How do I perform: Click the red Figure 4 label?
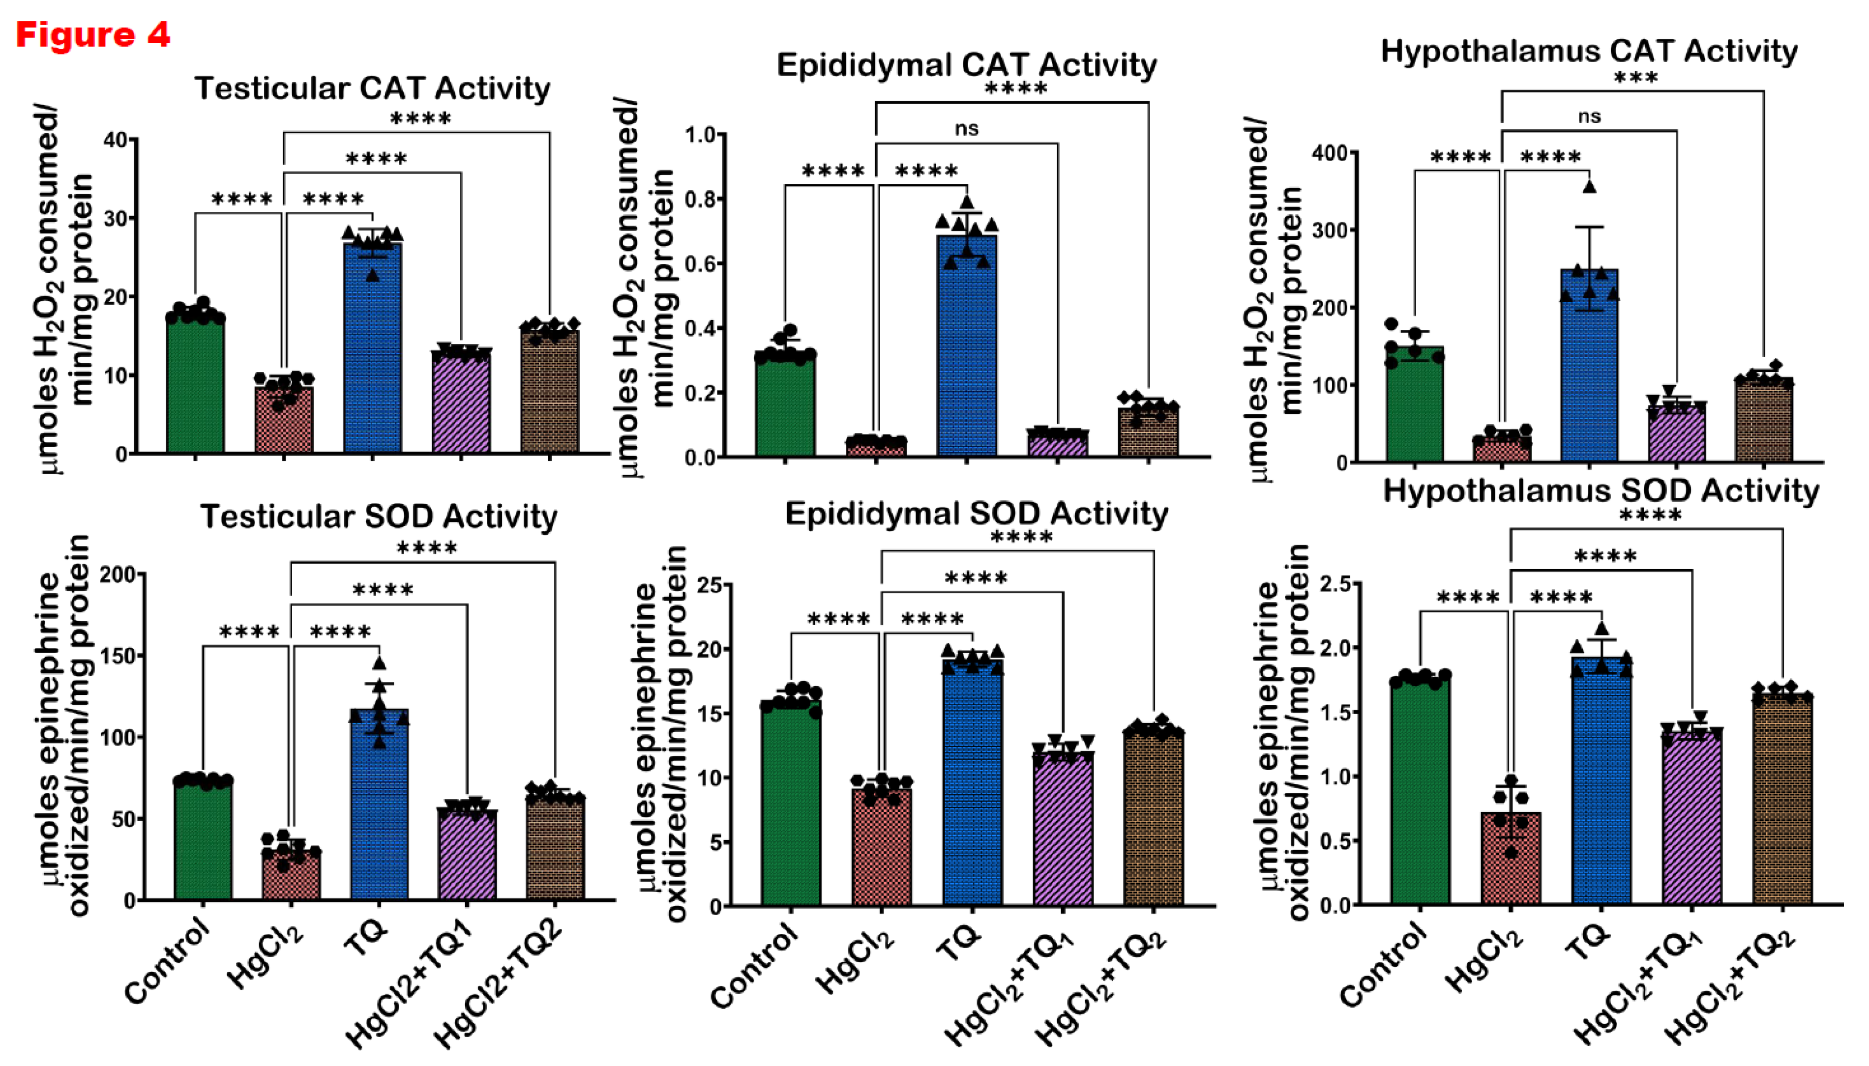pos(93,34)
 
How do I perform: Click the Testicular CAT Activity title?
pos(372,88)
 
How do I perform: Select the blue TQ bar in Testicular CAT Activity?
pos(372,351)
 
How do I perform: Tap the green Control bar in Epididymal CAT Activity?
pos(785,406)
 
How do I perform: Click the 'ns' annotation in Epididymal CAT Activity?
pos(967,129)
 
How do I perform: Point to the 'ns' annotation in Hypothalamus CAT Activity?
pos(1589,115)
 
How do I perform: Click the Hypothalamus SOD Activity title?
pos(1601,490)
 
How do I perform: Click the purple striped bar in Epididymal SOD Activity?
pos(1063,831)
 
